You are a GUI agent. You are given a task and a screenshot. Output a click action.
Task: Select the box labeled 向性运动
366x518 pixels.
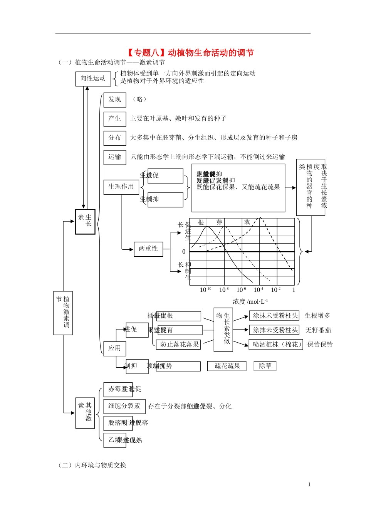click(93, 79)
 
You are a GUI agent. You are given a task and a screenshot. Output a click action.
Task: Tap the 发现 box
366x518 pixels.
click(114, 99)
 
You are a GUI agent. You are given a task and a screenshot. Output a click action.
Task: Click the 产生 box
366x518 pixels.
click(114, 119)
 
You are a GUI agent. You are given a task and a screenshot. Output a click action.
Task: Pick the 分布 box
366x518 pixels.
click(114, 138)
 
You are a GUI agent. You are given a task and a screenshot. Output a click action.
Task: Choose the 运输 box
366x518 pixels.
click(114, 157)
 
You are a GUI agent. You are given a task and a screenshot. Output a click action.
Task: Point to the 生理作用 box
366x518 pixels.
click(121, 187)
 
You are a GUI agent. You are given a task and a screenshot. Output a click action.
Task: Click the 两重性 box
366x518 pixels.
click(148, 249)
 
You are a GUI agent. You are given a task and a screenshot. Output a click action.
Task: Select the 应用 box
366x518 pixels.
click(114, 348)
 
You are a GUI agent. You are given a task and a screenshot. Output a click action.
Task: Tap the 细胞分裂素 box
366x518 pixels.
click(124, 406)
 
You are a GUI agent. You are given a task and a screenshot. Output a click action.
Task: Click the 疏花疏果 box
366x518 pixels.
click(227, 366)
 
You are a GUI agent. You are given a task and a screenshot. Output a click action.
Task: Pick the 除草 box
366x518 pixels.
click(265, 366)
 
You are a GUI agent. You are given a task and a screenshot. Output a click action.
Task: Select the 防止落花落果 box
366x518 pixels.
click(180, 345)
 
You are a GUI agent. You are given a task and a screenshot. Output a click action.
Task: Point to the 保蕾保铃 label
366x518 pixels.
click(320, 345)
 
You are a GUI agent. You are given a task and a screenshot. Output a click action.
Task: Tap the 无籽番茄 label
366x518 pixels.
click(318, 330)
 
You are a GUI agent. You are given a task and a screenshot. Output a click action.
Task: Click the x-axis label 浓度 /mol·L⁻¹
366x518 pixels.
click(250, 302)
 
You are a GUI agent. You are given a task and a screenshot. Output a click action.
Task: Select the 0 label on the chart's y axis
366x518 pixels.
click(184, 252)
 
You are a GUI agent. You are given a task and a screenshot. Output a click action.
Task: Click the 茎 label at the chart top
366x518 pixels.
click(247, 222)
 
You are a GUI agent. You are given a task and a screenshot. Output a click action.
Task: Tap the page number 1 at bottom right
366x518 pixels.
click(309, 484)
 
